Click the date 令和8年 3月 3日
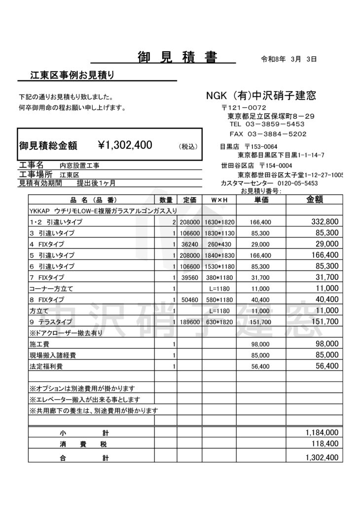pyautogui.click(x=288, y=59)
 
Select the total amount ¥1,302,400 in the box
pyautogui.click(x=125, y=145)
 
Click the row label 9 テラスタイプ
pyautogui.click(x=51, y=322)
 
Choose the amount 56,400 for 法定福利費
pyautogui.click(x=327, y=366)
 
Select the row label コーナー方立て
pyautogui.click(x=49, y=288)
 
